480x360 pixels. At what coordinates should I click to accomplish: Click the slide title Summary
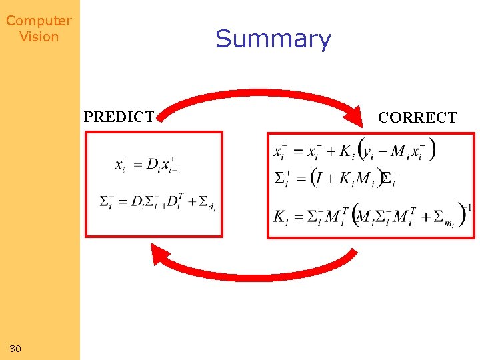[x=273, y=39]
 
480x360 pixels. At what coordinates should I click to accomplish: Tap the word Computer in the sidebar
[x=39, y=21]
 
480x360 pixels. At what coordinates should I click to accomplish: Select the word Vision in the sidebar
[x=39, y=37]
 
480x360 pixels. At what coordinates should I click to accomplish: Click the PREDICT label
[x=119, y=117]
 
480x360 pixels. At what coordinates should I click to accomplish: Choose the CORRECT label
[x=417, y=118]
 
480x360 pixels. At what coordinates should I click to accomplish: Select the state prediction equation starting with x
[x=147, y=165]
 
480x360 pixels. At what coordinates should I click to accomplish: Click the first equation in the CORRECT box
[x=353, y=151]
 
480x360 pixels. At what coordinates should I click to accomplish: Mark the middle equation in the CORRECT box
[x=337, y=179]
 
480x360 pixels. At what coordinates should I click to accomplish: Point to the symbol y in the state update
[x=367, y=153]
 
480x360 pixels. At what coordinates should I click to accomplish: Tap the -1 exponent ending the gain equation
[x=468, y=208]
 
